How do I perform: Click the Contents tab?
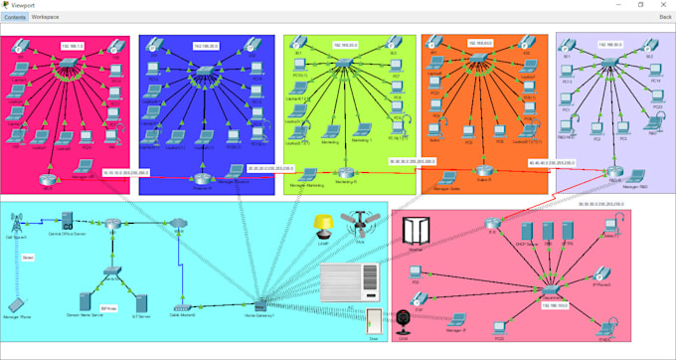[x=14, y=17]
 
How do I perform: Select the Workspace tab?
[x=45, y=17]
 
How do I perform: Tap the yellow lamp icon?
[x=321, y=224]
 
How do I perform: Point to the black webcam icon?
[x=403, y=321]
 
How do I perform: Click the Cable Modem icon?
[x=182, y=306]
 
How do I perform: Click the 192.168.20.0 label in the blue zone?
[x=207, y=46]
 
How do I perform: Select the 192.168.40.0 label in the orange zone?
[x=479, y=43]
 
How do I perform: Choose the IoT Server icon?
[x=141, y=302]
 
